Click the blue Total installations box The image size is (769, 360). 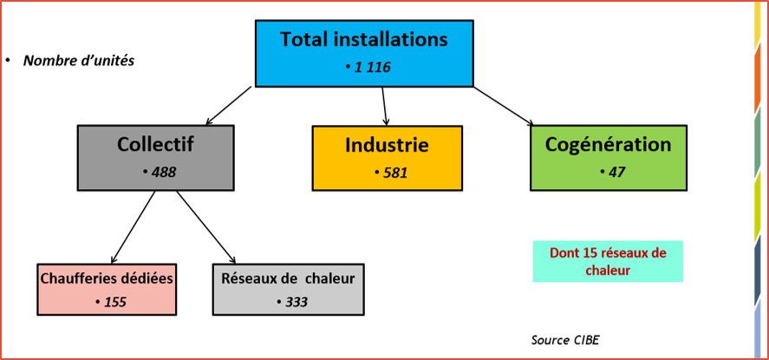pos(364,54)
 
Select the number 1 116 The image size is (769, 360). pos(372,67)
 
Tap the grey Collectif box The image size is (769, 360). pos(155,157)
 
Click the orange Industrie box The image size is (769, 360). pos(387,158)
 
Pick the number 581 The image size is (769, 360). pos(394,173)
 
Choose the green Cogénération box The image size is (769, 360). pos(608,157)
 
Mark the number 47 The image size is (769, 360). pos(616,172)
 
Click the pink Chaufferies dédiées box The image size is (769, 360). pos(107,290)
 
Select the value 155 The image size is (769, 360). pos(114,302)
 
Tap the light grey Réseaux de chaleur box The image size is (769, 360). pos(289,290)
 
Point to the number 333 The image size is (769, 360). pos(296,302)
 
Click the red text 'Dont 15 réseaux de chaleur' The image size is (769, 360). pos(608,261)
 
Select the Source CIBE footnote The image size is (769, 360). pos(565,340)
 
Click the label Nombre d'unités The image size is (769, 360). pos(79,61)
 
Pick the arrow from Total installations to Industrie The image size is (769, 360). pos(385,107)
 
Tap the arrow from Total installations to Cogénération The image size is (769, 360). pos(504,107)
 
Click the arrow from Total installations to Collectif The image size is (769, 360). pos(229,106)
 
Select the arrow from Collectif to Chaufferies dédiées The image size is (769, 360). pos(134,227)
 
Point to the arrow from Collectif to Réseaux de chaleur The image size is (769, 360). pos(206,227)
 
